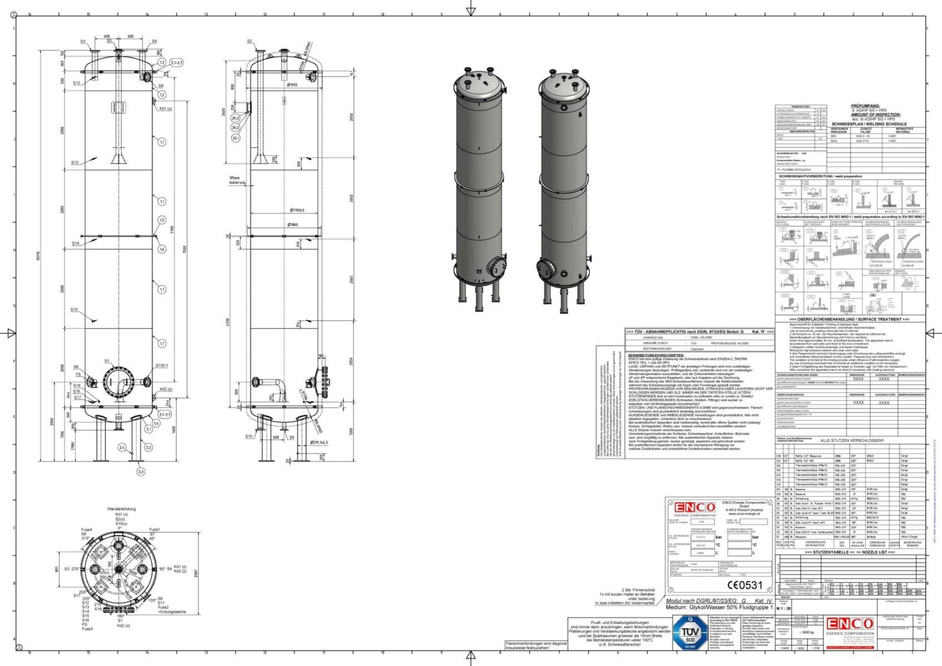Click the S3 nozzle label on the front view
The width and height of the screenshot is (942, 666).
tap(83, 42)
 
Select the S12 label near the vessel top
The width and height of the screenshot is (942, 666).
tap(77, 83)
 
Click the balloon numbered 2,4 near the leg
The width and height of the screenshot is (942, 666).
tap(122, 447)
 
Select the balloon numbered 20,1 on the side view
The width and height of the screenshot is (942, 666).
tap(235, 138)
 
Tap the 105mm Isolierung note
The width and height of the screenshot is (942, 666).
tap(236, 180)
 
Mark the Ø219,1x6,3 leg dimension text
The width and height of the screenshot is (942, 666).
tap(319, 442)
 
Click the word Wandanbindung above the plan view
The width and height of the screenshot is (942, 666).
tap(121, 509)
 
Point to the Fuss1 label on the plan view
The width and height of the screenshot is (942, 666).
tap(155, 530)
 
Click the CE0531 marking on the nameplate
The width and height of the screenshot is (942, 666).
tap(745, 585)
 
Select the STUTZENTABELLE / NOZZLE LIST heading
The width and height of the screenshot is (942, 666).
tap(850, 552)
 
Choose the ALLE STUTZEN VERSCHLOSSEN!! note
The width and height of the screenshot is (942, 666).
tap(852, 440)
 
